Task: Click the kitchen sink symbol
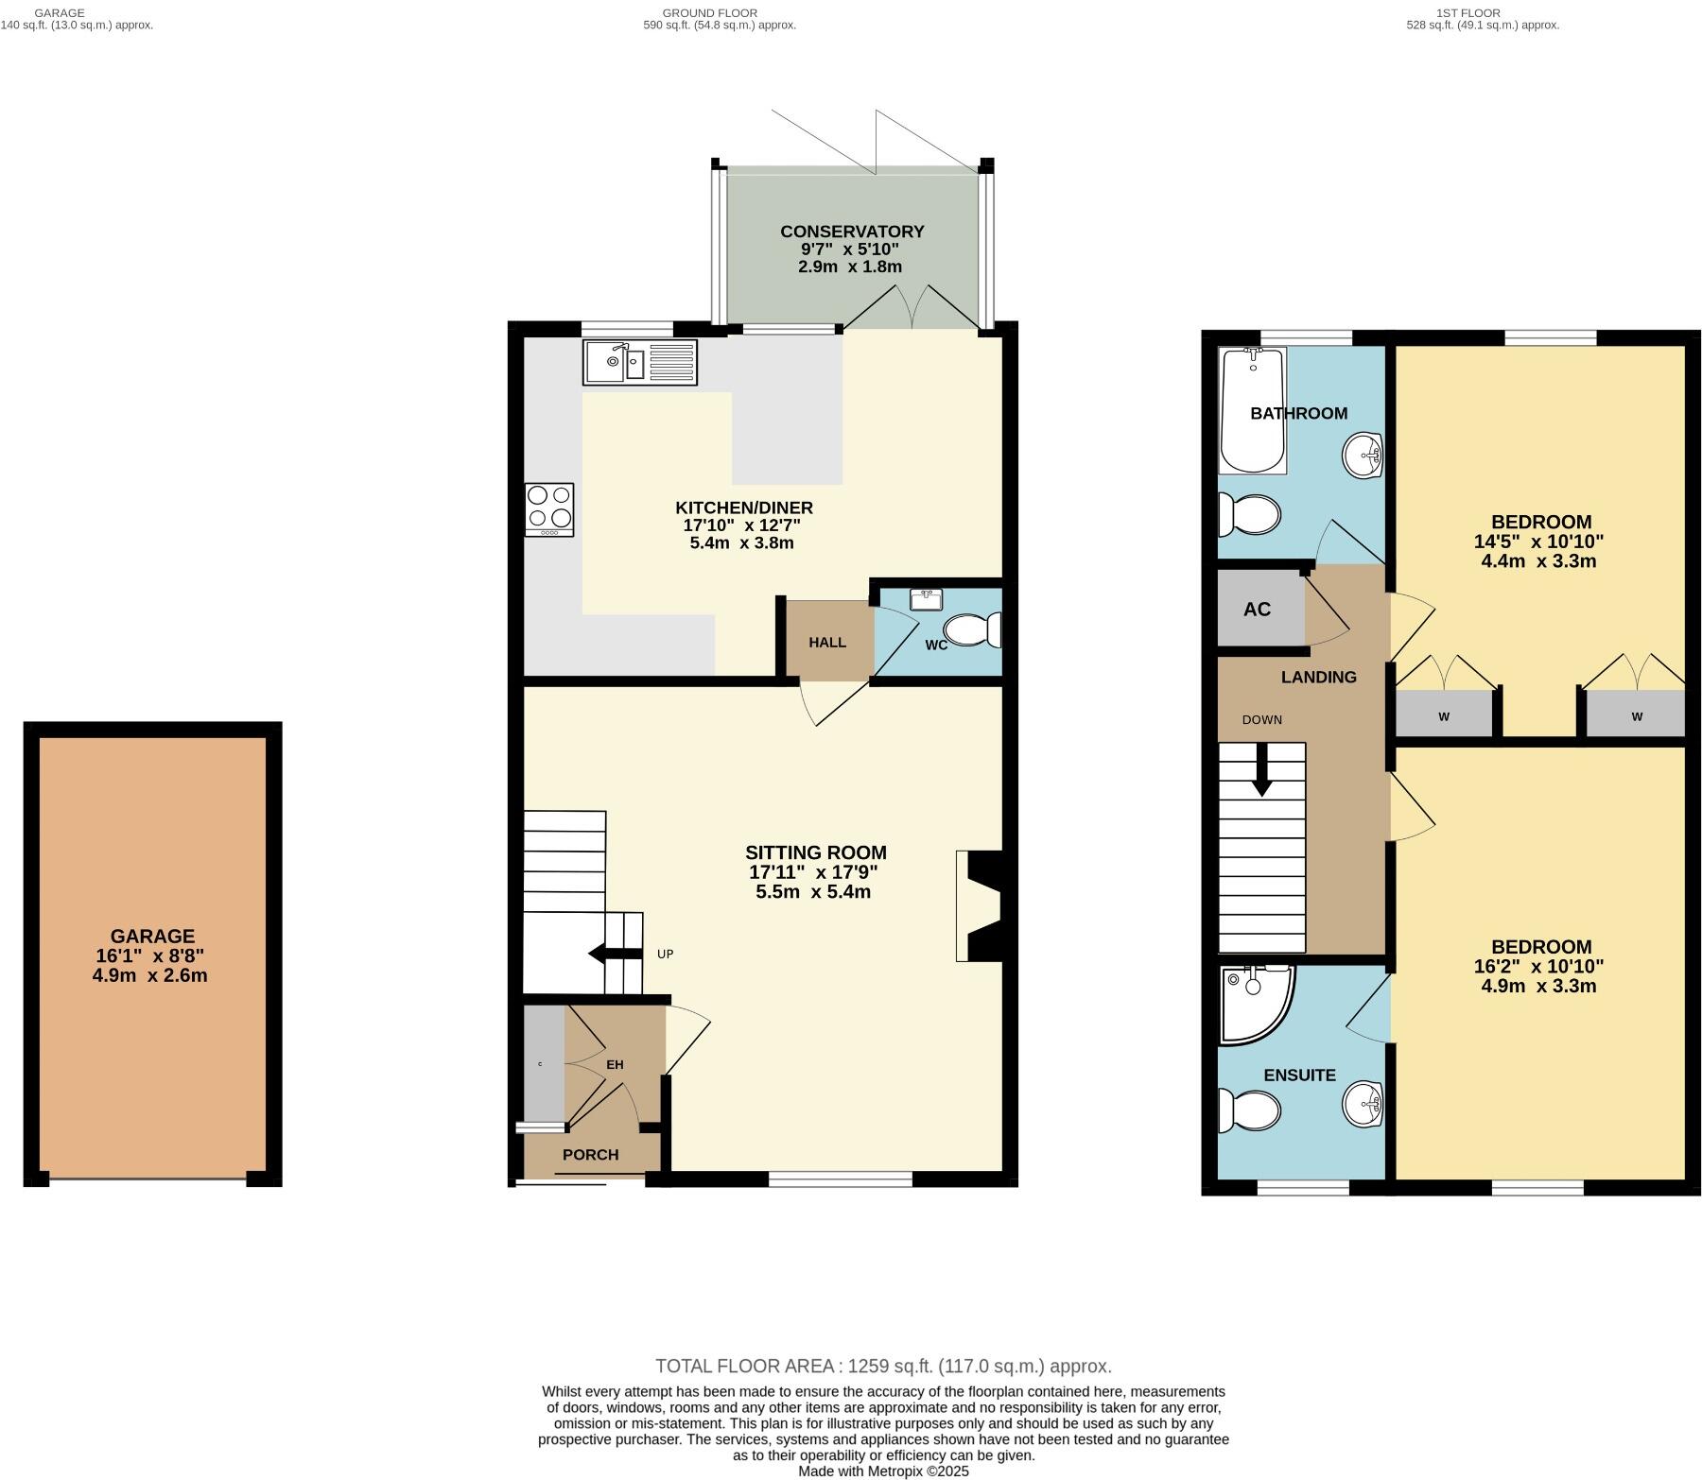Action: pyautogui.click(x=640, y=362)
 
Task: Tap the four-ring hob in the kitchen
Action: pyautogui.click(x=549, y=509)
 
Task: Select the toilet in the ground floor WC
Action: pyautogui.click(x=970, y=629)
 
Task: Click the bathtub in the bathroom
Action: pyautogui.click(x=1252, y=410)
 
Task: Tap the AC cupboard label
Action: pyautogui.click(x=1257, y=610)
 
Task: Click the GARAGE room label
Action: pyautogui.click(x=152, y=936)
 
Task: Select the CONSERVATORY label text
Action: pyautogui.click(x=852, y=232)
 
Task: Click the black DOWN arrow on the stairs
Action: pyautogui.click(x=1261, y=769)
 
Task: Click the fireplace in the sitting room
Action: pyautogui.click(x=980, y=905)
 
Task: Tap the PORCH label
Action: pyautogui.click(x=590, y=1155)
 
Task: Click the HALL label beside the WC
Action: pyautogui.click(x=827, y=643)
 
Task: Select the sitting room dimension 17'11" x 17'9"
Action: pyautogui.click(x=815, y=872)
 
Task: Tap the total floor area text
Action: pyautogui.click(x=883, y=1366)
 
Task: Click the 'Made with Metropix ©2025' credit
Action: pyautogui.click(x=883, y=1471)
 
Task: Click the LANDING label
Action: pyautogui.click(x=1318, y=677)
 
